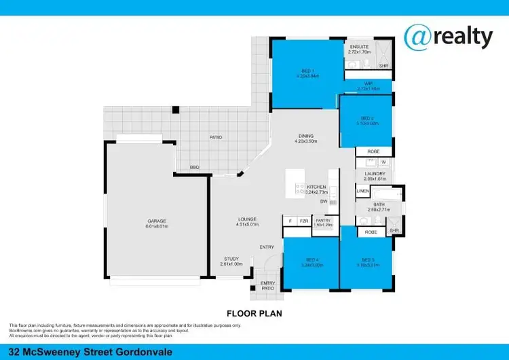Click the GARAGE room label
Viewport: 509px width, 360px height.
click(157, 221)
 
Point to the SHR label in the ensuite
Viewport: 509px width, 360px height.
click(383, 66)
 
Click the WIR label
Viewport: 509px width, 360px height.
click(368, 85)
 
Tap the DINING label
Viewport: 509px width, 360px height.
click(307, 135)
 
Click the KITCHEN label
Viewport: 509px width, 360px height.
click(316, 187)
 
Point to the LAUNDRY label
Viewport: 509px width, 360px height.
click(375, 174)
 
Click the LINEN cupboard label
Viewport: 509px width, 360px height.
click(363, 192)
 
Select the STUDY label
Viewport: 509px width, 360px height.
click(232, 259)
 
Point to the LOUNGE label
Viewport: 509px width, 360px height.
click(247, 219)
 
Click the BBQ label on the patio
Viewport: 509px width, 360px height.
click(194, 167)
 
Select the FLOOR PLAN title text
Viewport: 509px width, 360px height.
click(253, 314)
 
